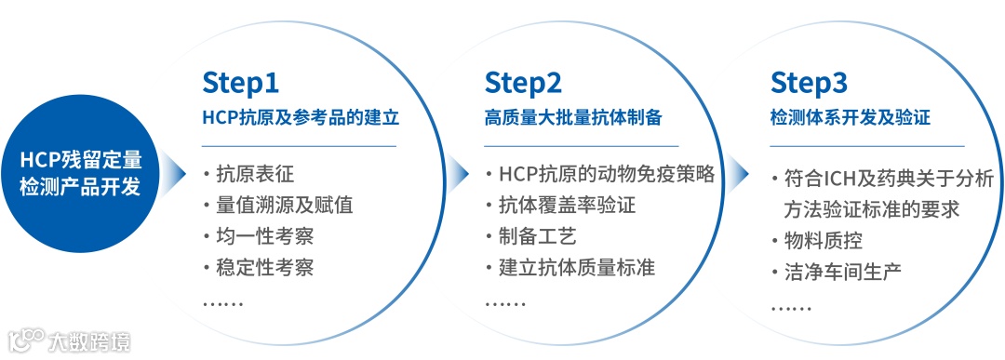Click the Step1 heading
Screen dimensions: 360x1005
click(240, 83)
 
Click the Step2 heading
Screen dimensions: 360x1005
click(522, 83)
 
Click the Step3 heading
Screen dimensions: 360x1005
click(809, 83)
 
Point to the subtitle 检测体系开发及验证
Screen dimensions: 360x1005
click(850, 118)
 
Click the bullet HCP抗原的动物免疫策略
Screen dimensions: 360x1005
click(606, 174)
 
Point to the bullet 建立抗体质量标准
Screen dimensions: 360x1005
click(576, 268)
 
